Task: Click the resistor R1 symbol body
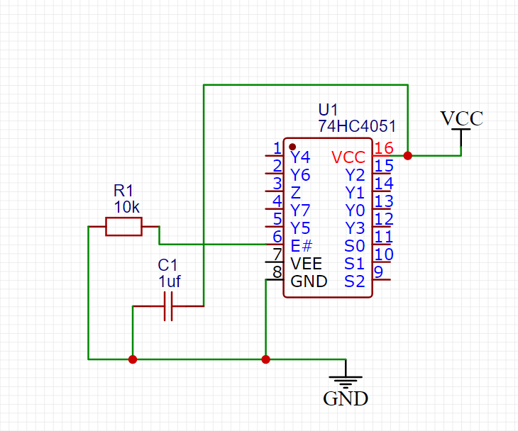[123, 227]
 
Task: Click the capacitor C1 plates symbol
[168, 306]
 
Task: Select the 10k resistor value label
[127, 207]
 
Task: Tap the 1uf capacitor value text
[170, 281]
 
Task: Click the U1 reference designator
[329, 111]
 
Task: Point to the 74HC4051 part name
[356, 127]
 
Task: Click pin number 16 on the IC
[384, 148]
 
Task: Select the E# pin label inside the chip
[302, 246]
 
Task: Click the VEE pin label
[306, 264]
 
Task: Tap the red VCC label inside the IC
[348, 157]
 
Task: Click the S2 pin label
[354, 281]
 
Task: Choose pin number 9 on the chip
[379, 272]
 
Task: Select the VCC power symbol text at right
[461, 118]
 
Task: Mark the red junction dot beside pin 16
[408, 155]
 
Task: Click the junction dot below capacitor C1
[133, 359]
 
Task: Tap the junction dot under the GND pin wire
[265, 359]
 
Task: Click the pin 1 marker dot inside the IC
[292, 146]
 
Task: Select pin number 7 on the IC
[277, 254]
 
